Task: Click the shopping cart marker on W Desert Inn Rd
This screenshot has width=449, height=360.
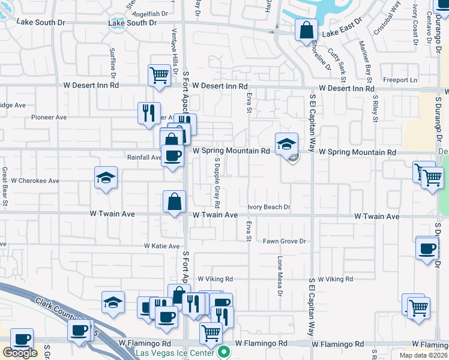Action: coord(159,76)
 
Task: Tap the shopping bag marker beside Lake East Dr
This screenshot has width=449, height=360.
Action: coord(306,29)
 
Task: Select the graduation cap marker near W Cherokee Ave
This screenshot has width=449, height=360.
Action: coord(106,178)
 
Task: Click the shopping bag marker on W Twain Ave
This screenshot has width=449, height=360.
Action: coord(174,202)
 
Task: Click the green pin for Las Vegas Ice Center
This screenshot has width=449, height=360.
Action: coord(224,352)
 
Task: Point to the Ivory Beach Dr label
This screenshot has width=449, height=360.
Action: coord(269,207)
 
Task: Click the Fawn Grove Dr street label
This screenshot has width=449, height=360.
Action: coord(285,241)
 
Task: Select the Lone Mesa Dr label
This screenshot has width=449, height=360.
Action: coord(280,277)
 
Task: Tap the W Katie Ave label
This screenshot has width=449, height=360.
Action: coord(162,246)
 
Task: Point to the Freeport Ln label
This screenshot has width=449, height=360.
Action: coord(400,80)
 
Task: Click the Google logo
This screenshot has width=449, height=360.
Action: coord(20,353)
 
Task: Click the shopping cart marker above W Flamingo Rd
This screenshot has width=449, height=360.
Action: coord(211,333)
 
